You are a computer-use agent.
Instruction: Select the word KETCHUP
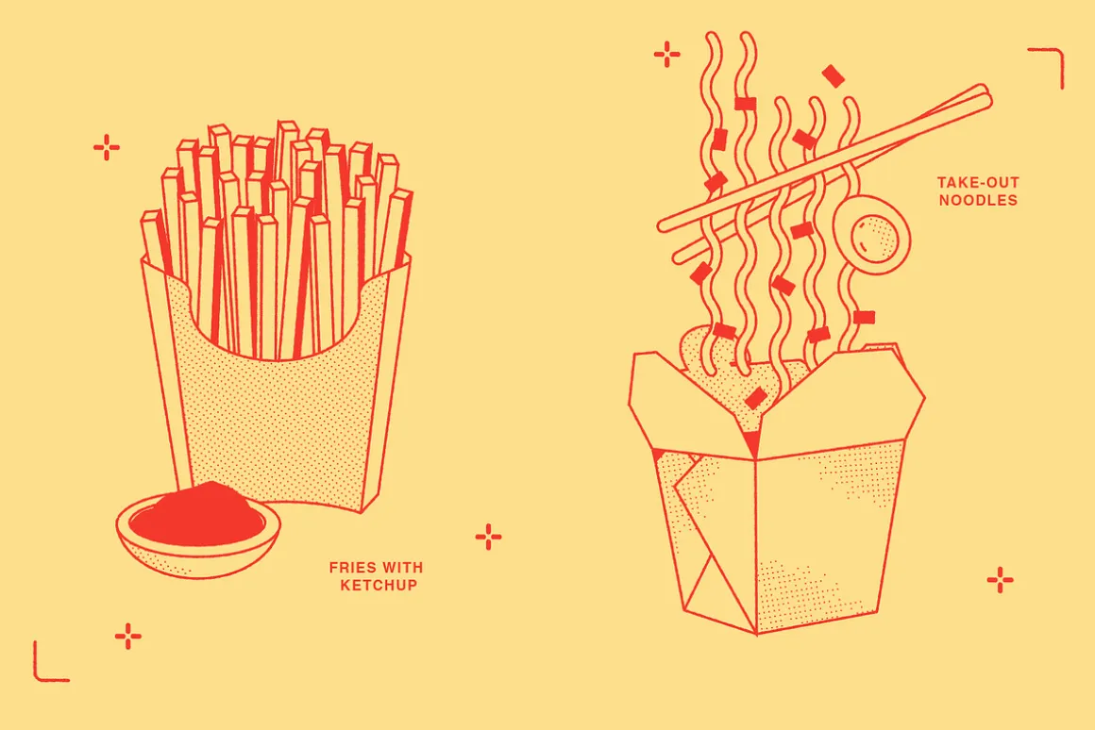pos(379,585)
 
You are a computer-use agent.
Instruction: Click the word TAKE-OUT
pos(978,183)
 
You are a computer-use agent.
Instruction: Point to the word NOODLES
pos(978,200)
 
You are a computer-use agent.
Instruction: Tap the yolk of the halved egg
pos(874,238)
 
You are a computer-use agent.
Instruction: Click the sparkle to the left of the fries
pos(106,147)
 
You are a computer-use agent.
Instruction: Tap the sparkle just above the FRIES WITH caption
pos(488,537)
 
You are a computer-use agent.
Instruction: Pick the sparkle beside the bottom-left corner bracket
pos(127,636)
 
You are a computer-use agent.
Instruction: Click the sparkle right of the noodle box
pos(1000,580)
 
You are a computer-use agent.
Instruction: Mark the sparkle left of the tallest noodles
pos(667,54)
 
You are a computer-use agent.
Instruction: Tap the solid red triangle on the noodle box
pos(751,443)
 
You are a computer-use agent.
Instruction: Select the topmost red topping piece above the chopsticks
pos(834,76)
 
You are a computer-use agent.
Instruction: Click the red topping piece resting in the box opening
pos(756,399)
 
